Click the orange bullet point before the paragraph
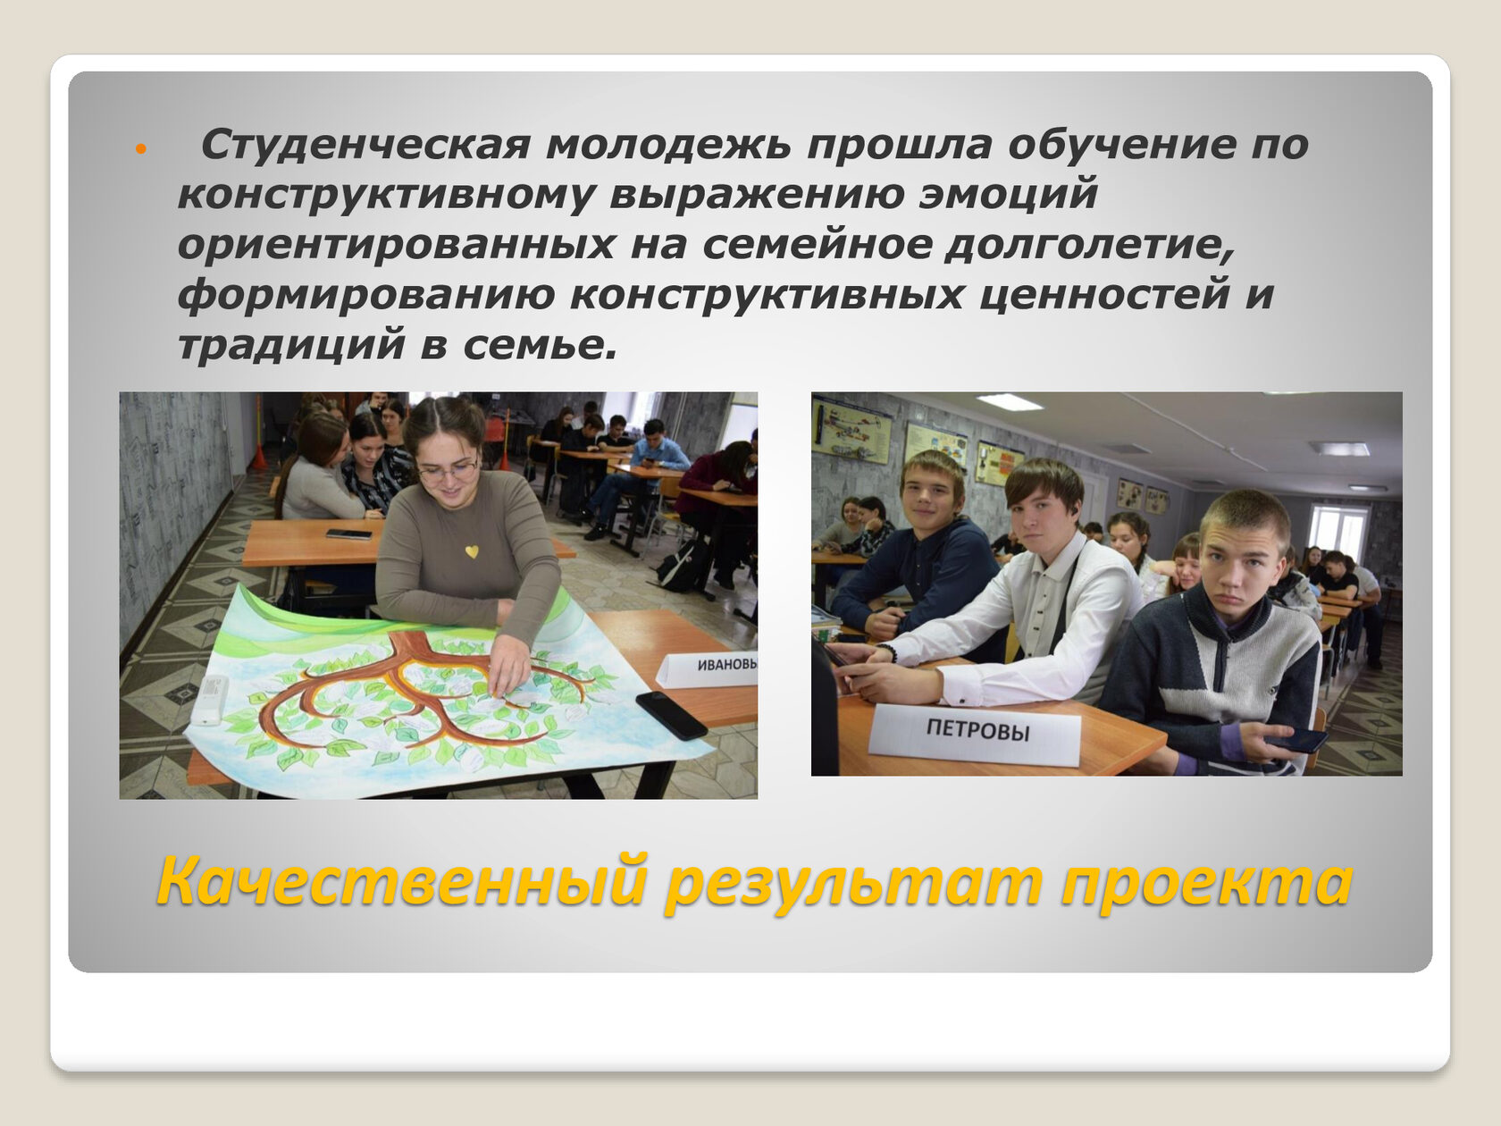(141, 148)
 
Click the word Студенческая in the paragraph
(365, 145)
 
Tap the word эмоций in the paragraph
(1008, 195)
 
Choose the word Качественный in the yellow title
(402, 882)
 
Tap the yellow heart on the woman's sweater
(472, 550)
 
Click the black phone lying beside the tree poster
(670, 714)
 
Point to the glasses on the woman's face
(448, 470)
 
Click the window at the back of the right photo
(1339, 534)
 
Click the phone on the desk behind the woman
(348, 534)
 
